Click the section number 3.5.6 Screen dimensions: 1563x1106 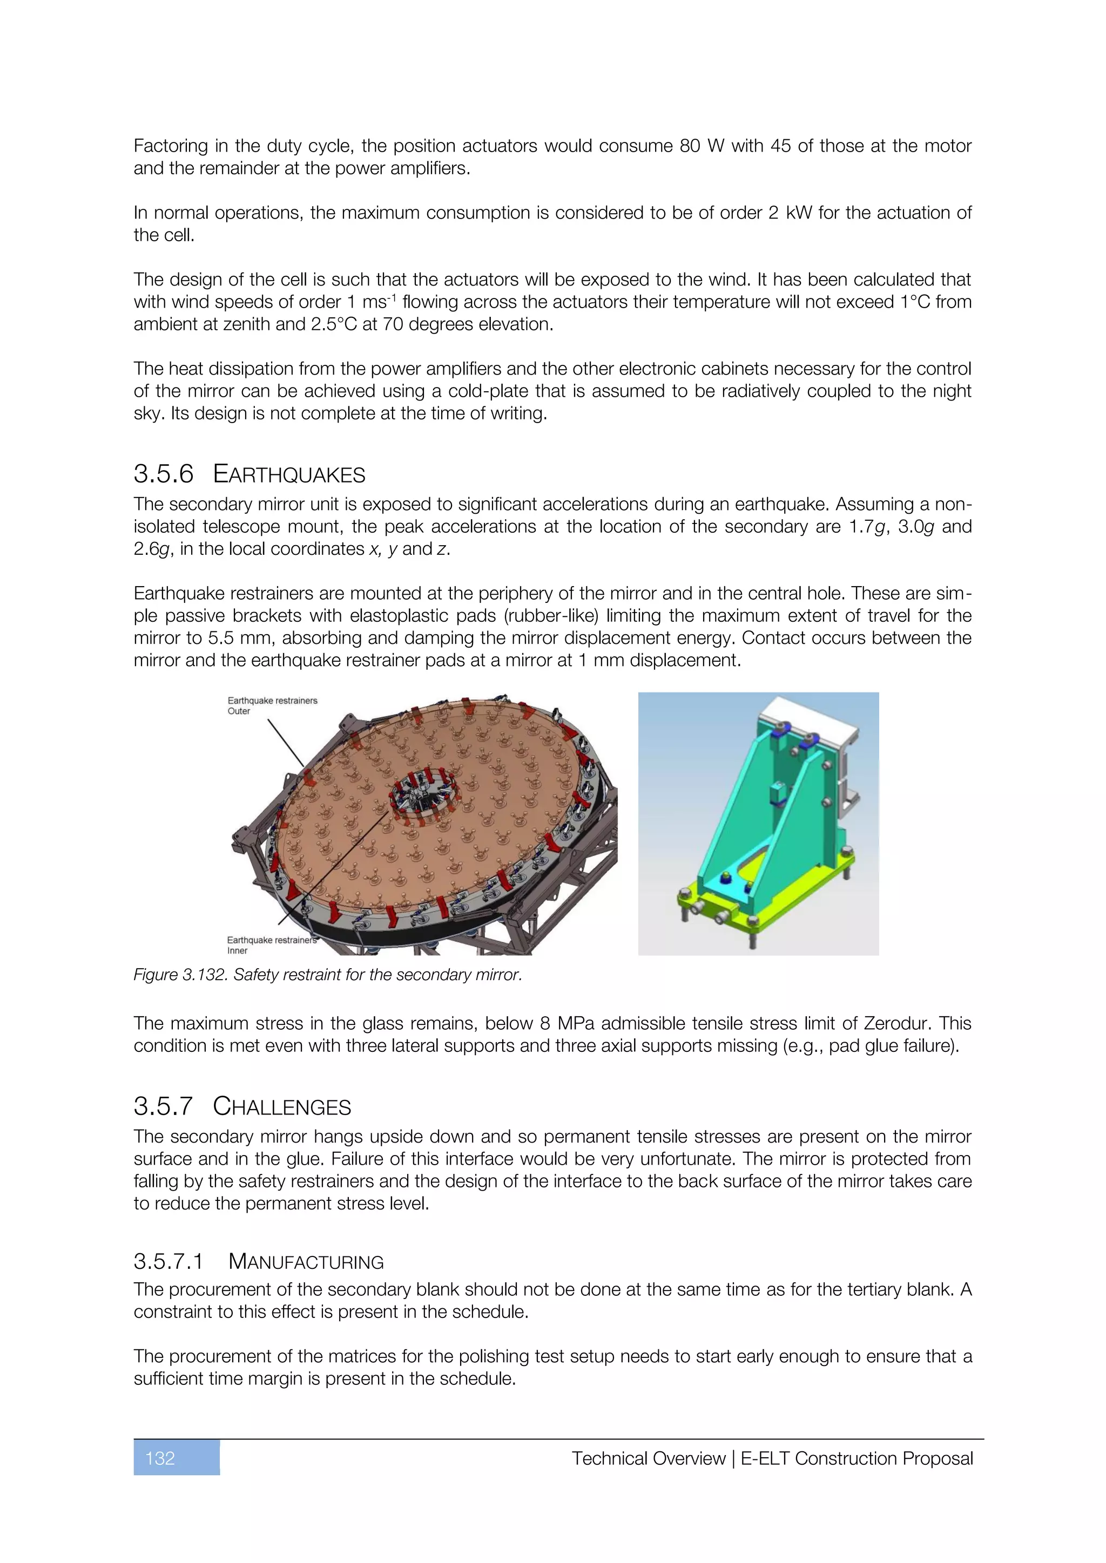pyautogui.click(x=164, y=474)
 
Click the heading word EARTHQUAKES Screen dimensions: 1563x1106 pyautogui.click(x=289, y=474)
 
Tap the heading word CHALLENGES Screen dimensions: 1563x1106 pyautogui.click(x=281, y=1106)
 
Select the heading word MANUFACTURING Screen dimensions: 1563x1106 pyautogui.click(x=306, y=1262)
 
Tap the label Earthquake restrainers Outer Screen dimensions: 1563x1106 pyautogui.click(x=272, y=705)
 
